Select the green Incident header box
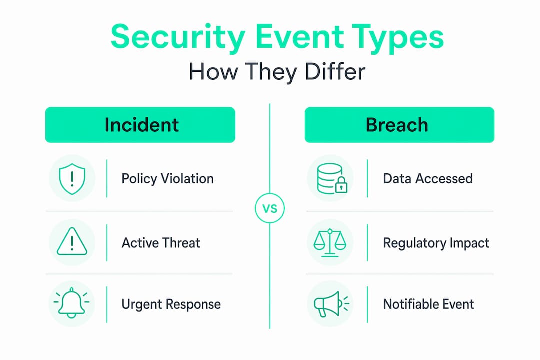140,124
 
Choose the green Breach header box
399,124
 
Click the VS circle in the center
270,208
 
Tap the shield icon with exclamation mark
72,179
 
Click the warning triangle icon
72,242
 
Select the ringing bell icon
71,303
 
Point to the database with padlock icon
332,178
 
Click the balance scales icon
330,243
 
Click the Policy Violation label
167,179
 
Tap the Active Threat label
161,243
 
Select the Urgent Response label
171,305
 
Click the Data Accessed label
428,179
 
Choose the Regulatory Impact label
436,243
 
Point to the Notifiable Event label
429,304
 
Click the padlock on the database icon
341,185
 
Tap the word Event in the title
299,37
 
